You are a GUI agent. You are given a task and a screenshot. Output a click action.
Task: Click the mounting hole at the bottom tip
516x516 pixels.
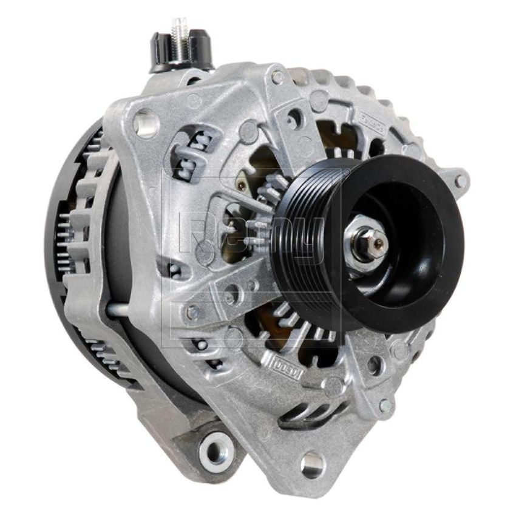312,464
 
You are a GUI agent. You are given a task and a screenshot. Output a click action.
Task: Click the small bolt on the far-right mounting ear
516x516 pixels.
460,180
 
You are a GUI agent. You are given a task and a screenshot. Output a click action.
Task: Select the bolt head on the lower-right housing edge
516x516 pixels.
384,406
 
